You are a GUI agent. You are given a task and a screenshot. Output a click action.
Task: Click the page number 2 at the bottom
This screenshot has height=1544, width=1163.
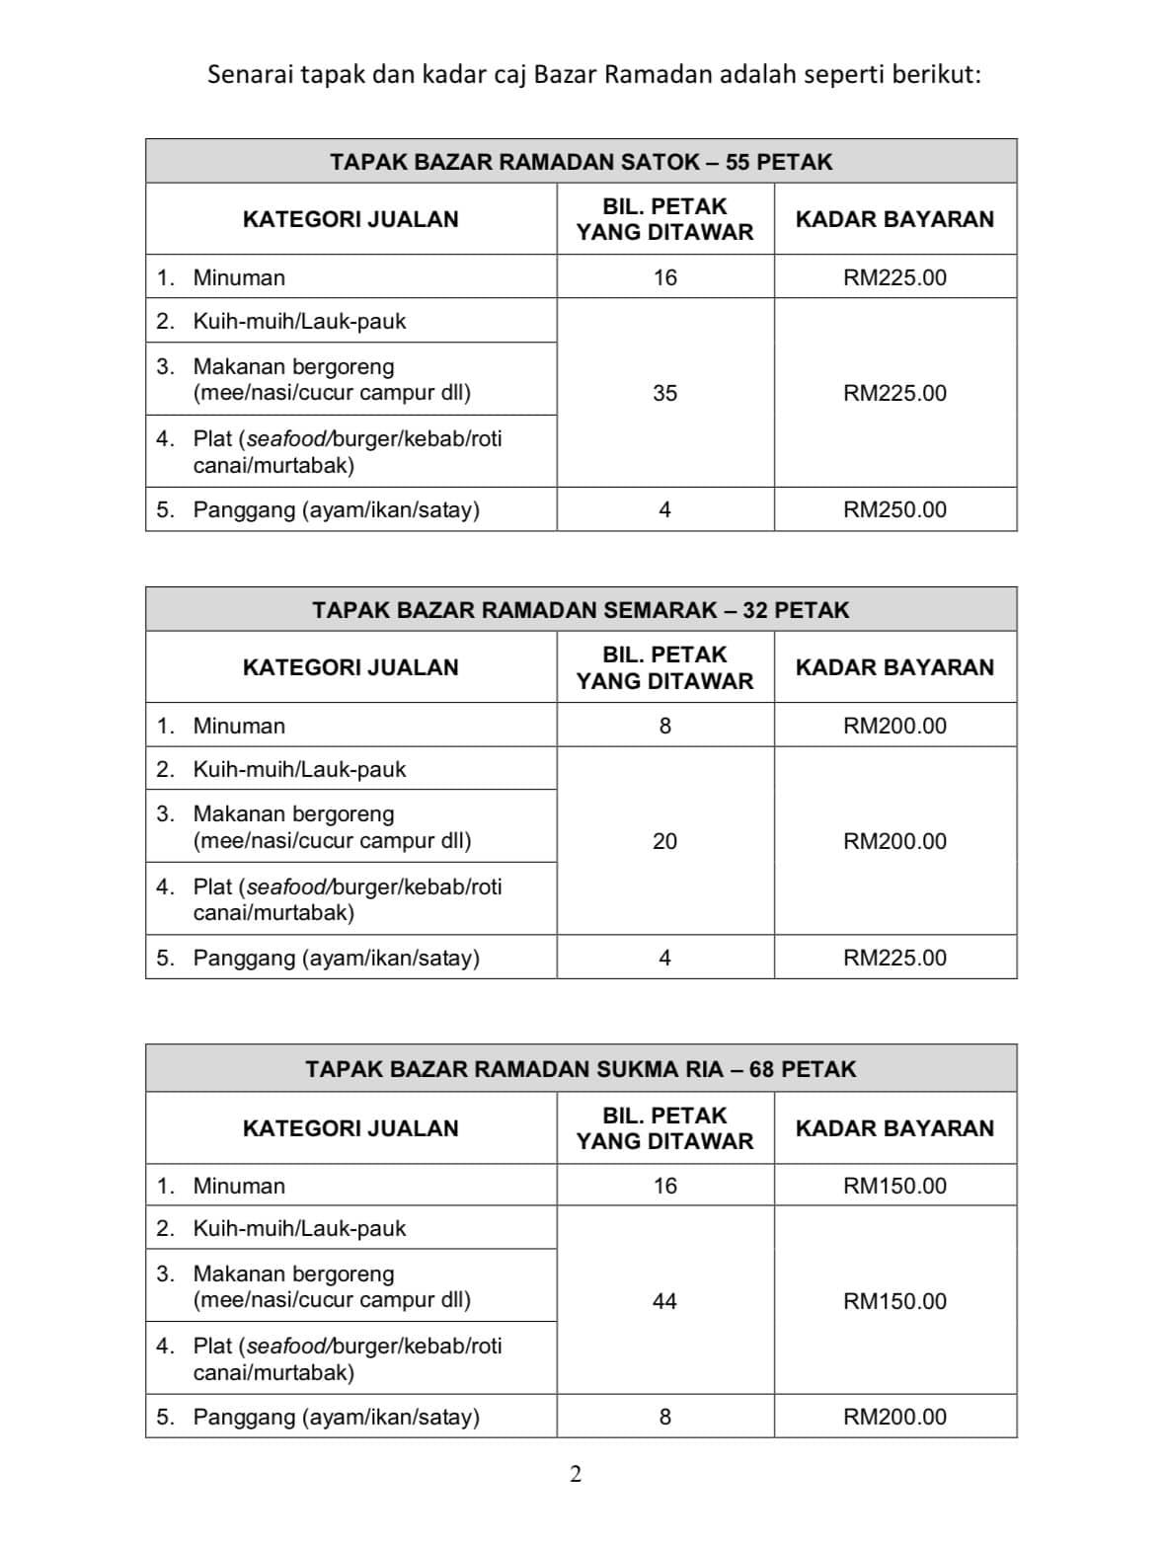(x=576, y=1474)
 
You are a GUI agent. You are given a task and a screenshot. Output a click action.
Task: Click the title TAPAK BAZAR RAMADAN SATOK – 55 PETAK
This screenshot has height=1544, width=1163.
(x=581, y=162)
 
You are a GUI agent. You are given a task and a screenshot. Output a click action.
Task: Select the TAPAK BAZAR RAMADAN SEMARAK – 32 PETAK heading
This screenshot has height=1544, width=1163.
(x=581, y=610)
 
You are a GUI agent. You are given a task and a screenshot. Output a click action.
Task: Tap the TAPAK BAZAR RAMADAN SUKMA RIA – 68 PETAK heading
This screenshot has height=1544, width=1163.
(x=581, y=1069)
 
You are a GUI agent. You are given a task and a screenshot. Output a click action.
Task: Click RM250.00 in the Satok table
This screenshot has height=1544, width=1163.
(x=894, y=509)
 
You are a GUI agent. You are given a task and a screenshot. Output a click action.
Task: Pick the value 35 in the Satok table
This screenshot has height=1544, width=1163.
(x=664, y=393)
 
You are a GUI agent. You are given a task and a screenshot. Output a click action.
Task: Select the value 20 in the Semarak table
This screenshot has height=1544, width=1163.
(x=664, y=841)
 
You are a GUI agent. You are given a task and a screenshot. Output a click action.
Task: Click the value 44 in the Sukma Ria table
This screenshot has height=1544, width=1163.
(x=664, y=1301)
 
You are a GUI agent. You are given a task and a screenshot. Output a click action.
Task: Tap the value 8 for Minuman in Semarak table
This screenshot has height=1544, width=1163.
(x=664, y=726)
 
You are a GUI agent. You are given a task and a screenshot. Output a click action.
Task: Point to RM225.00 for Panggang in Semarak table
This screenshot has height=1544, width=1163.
(x=894, y=958)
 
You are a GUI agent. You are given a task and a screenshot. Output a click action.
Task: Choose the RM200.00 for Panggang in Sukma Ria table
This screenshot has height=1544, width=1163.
(x=894, y=1417)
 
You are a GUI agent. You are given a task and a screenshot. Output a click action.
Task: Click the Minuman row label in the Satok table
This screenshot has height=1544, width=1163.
(x=239, y=277)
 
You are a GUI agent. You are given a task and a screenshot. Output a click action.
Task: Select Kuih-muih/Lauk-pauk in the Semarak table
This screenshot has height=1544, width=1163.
(x=299, y=769)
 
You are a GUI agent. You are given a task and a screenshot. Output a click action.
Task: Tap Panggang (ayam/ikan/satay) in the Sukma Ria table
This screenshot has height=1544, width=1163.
(x=336, y=1417)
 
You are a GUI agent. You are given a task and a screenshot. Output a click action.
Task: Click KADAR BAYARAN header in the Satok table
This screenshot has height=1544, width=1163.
(x=894, y=219)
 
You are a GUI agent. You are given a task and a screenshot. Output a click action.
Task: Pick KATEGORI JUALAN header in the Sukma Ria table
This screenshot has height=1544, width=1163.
(x=350, y=1128)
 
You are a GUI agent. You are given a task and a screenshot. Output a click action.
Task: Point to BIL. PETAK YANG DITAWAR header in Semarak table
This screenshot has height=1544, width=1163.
(x=664, y=667)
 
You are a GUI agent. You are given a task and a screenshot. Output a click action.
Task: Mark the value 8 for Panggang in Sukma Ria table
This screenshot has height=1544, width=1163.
(x=664, y=1417)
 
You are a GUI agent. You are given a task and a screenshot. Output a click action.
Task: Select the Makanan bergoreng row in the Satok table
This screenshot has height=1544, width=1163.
(x=332, y=379)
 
